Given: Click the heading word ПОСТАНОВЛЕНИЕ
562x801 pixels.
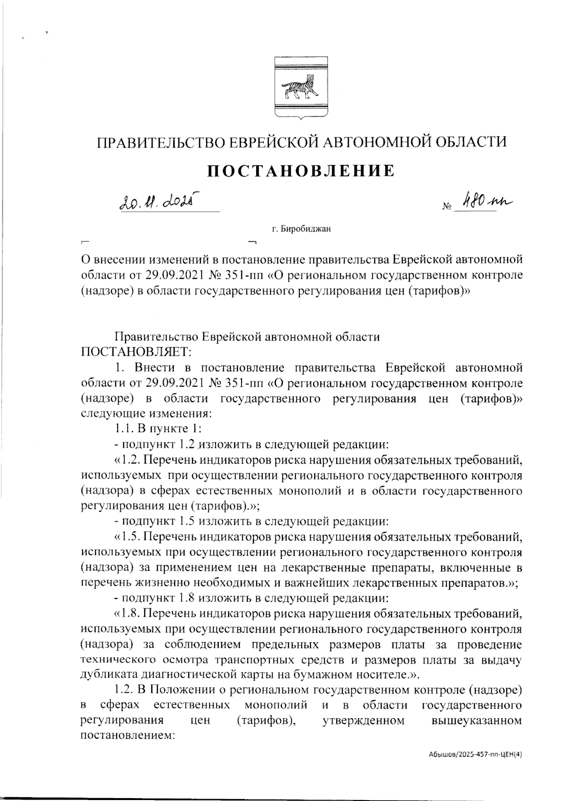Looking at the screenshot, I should coord(301,171).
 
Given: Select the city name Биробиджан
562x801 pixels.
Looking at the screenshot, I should coord(307,229).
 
